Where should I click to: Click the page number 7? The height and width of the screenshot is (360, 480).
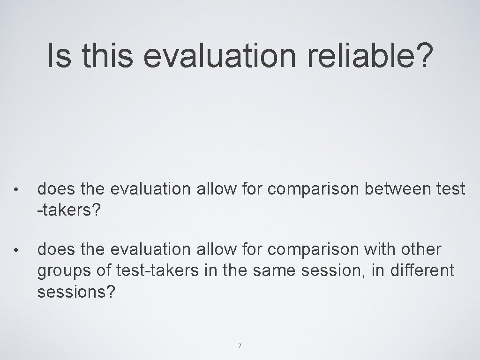click(240, 346)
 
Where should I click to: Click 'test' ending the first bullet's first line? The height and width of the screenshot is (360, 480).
click(450, 189)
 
